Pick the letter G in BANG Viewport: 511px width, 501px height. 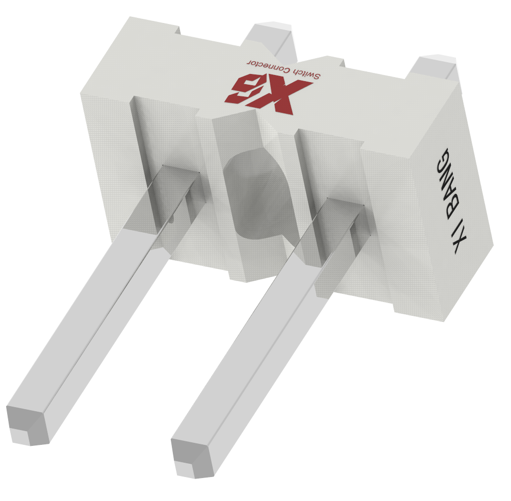tap(444, 160)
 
